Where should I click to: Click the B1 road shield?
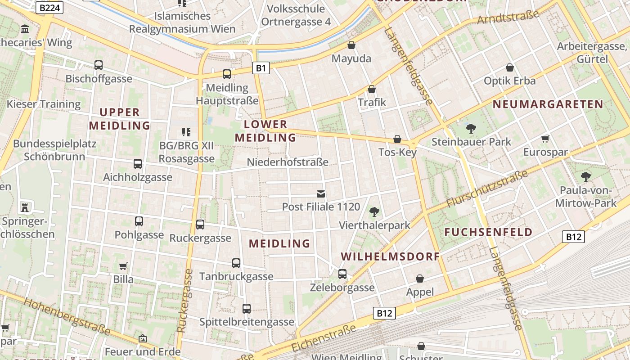(x=261, y=68)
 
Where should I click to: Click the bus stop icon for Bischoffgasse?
(x=99, y=65)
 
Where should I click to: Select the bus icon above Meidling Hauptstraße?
(x=227, y=74)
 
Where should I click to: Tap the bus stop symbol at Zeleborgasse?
(x=342, y=274)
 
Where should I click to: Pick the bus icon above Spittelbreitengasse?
(x=247, y=309)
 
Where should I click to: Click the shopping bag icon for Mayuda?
(x=351, y=45)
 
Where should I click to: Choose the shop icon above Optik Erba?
(x=510, y=67)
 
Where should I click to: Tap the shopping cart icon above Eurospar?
(x=545, y=139)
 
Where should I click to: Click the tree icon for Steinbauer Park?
(x=471, y=129)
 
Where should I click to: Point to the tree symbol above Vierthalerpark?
(x=374, y=211)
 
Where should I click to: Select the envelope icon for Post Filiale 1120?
(x=321, y=194)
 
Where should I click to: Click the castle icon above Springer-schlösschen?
(x=25, y=207)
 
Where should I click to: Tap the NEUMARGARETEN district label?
(x=548, y=104)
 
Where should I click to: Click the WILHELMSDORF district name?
(x=390, y=256)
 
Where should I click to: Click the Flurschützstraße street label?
(x=487, y=189)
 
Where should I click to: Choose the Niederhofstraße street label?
(x=288, y=162)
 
